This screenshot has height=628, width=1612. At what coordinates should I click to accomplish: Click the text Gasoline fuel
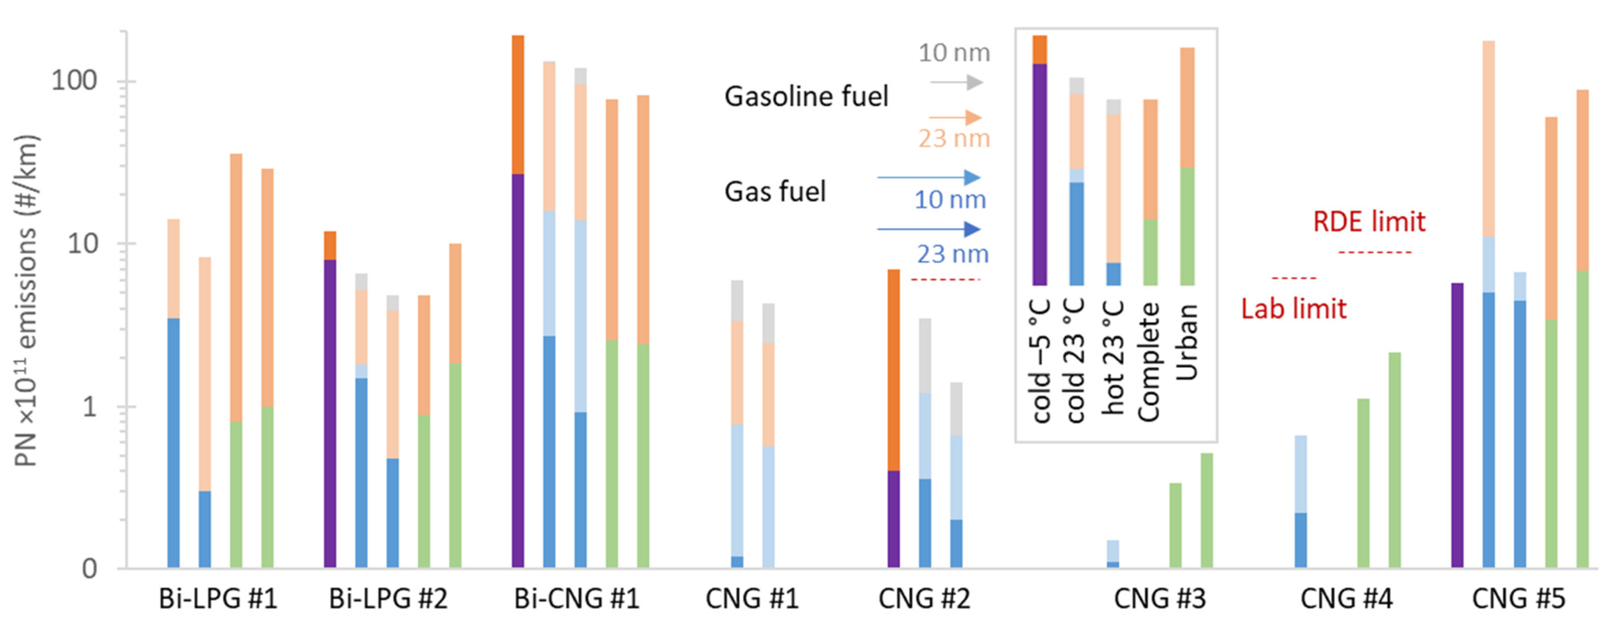click(x=806, y=96)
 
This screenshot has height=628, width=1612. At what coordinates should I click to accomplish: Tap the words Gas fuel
click(x=775, y=191)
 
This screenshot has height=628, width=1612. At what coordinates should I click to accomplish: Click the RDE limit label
click(x=1369, y=221)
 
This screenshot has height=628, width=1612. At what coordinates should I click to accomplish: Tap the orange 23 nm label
click(x=954, y=138)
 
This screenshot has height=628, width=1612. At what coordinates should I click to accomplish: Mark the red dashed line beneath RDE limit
click(x=1375, y=253)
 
